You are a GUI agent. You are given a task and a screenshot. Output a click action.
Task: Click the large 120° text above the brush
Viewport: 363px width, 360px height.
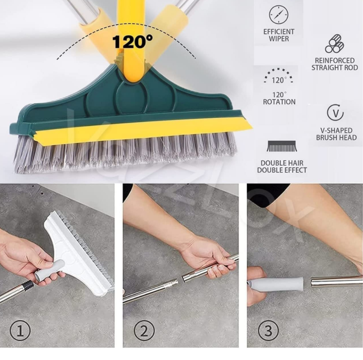click(133, 41)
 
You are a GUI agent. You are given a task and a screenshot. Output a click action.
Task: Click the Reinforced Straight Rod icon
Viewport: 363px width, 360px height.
click(334, 44)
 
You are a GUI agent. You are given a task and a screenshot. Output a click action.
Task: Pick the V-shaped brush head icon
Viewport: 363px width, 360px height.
click(335, 113)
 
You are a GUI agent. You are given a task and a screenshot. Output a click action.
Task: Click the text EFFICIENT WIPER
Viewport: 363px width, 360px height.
click(279, 35)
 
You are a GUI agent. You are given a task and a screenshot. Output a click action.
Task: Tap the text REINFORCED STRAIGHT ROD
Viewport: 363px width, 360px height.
click(334, 63)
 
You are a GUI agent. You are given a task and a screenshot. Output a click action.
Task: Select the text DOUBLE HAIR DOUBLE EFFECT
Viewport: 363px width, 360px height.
click(282, 166)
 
